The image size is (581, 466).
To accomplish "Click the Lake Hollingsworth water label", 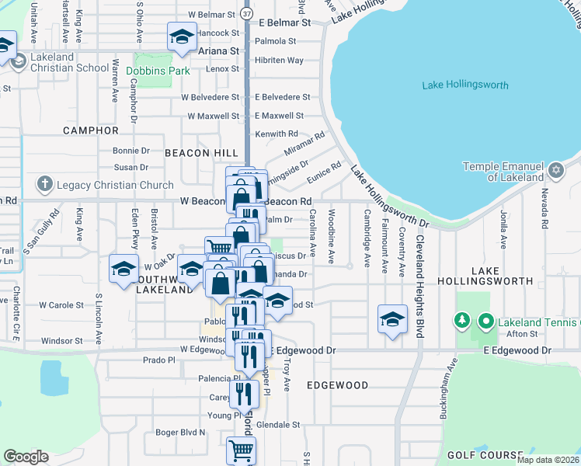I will click(x=465, y=85).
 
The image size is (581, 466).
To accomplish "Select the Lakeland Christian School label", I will click(x=60, y=62).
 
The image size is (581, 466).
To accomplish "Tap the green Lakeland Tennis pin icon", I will click(x=485, y=320).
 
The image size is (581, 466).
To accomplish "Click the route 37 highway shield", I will click(x=247, y=15).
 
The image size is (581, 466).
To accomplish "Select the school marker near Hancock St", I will click(x=182, y=37).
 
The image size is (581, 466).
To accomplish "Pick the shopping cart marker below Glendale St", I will click(x=242, y=449).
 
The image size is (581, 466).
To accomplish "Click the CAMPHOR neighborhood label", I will click(x=90, y=130).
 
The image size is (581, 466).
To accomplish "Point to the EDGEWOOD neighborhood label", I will click(x=336, y=385).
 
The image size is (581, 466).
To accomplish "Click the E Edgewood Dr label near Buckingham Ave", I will click(x=517, y=351).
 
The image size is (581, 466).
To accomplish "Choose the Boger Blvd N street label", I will click(x=180, y=432).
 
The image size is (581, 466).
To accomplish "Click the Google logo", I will click(x=26, y=456).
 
